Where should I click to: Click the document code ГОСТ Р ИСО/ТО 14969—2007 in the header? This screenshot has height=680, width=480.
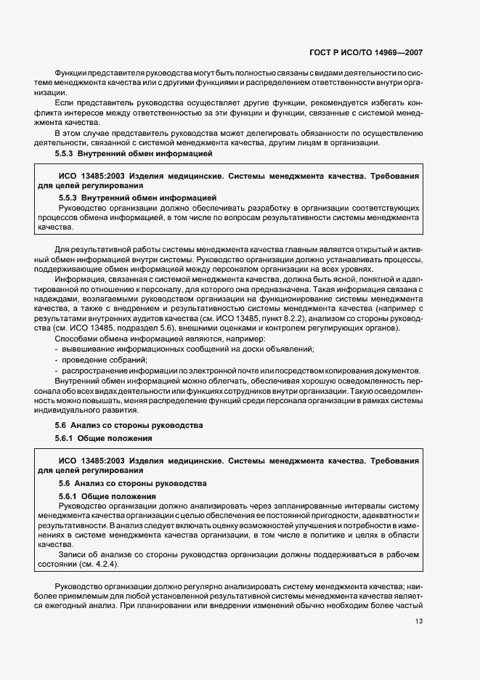pos(367,53)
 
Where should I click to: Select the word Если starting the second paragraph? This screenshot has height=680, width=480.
pos(65,103)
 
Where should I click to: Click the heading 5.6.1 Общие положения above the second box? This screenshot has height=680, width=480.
pos(104,439)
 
